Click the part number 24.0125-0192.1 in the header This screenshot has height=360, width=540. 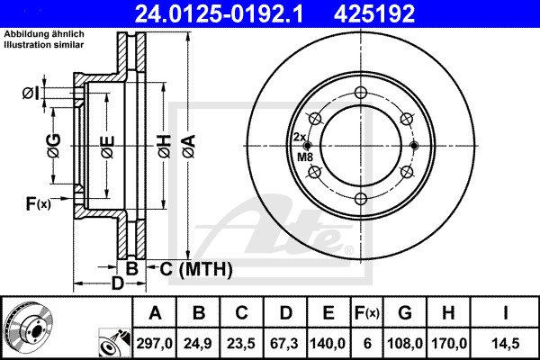pos(219,13)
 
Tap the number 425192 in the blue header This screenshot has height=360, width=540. pos(374,13)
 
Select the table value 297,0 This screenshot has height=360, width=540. pos(155,344)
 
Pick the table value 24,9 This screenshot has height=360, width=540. pos(198,344)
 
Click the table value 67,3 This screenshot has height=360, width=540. pos(284,344)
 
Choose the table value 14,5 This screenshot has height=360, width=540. pos(505,344)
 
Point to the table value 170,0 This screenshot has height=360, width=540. pos(448,344)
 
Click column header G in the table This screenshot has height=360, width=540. pos(405,313)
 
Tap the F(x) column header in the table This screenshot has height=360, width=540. pos(367,313)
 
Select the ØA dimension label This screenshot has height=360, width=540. pos(189,147)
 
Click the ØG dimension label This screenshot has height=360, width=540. pos(54,146)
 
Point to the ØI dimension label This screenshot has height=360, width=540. pos(31,94)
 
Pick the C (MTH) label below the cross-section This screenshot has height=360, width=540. pos(196,269)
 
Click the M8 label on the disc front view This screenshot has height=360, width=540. pos(305,157)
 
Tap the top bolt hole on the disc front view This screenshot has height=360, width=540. pos(361,93)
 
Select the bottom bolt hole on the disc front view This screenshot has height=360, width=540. pos(361,199)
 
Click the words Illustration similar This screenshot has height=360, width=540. pos(44,45)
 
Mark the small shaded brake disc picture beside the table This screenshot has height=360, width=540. pos(28,328)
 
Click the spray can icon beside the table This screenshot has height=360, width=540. pos(114,342)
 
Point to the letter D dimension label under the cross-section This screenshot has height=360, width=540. pos(117,283)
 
